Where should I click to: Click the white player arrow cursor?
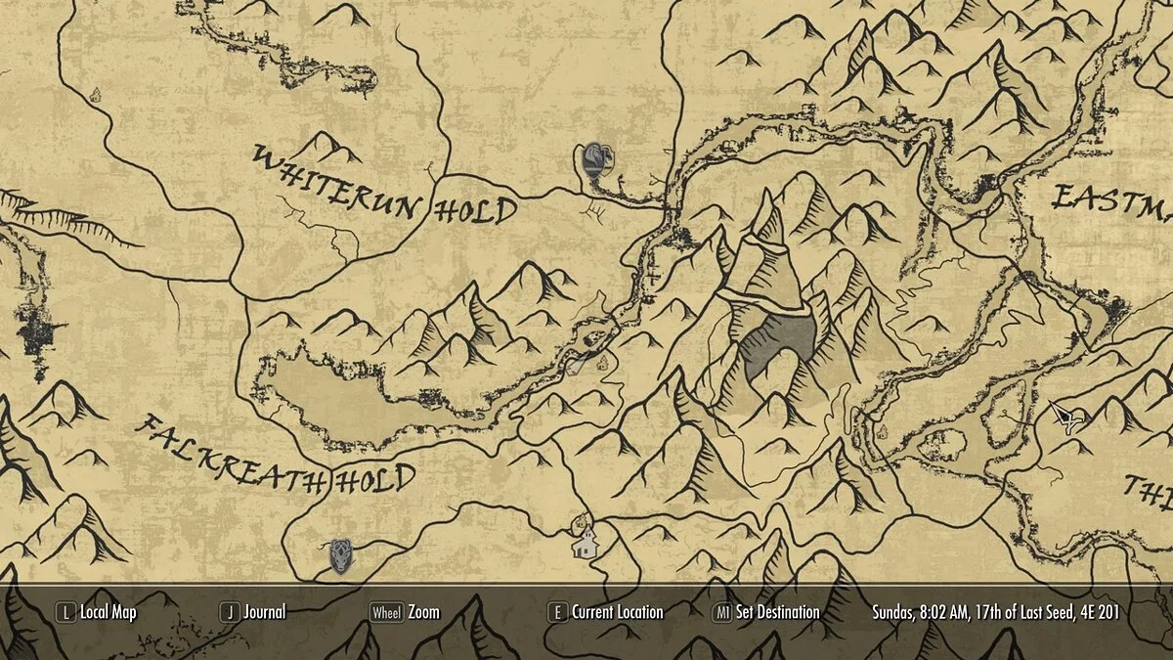[x=1067, y=417]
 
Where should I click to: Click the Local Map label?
[x=109, y=613]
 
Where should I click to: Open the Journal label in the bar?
[x=265, y=613]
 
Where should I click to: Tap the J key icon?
[x=230, y=613]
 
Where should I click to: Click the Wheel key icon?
[x=386, y=613]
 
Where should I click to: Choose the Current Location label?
[x=618, y=613]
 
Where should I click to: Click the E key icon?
[x=557, y=613]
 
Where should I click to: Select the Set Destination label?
[x=777, y=613]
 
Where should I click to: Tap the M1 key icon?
[x=722, y=613]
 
